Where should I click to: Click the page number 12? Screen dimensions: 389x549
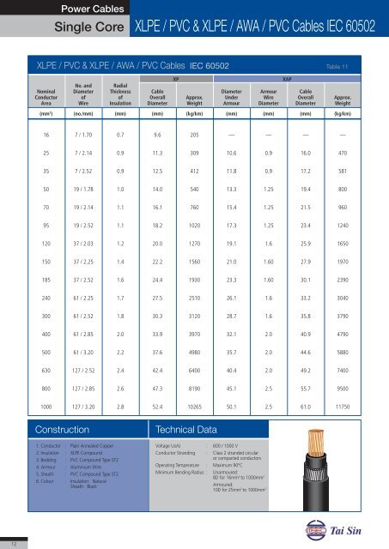click(11, 542)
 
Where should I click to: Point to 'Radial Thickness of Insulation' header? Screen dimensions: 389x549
click(121, 95)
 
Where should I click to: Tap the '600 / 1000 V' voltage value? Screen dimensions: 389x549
click(240, 447)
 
